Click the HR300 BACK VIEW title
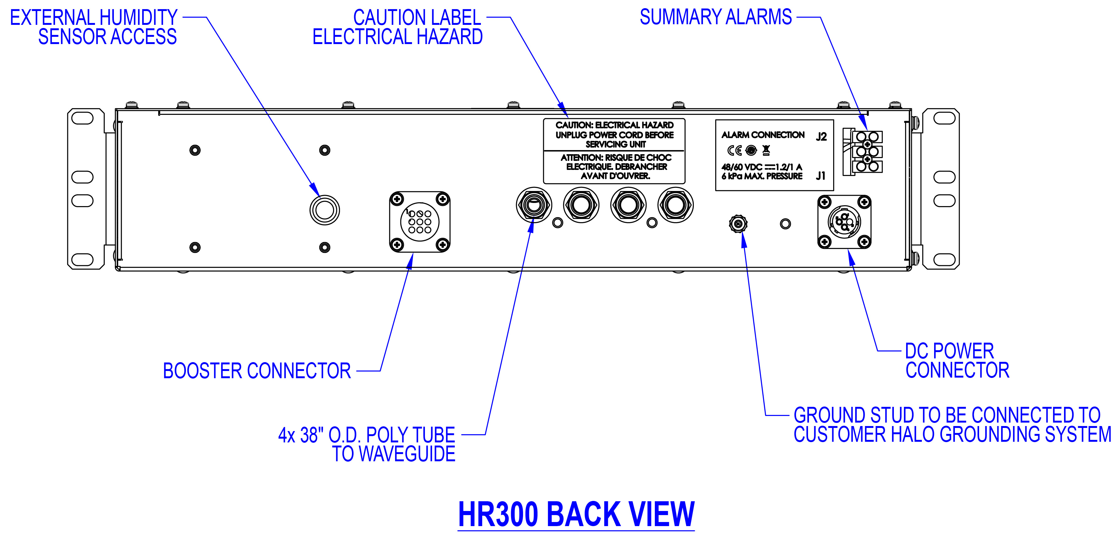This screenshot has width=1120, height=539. [576, 514]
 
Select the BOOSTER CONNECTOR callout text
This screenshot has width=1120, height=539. [257, 371]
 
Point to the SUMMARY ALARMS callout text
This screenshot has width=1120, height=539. [716, 17]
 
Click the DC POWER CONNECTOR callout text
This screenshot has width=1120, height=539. [956, 361]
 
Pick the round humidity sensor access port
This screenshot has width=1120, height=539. [324, 210]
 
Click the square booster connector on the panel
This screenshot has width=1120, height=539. [420, 222]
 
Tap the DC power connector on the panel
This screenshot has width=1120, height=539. [844, 222]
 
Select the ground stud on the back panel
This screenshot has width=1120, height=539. [738, 224]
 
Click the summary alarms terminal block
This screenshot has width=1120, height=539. [866, 152]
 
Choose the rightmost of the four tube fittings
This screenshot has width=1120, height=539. [675, 205]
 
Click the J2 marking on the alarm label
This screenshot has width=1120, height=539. [821, 137]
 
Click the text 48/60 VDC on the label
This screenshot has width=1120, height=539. [742, 167]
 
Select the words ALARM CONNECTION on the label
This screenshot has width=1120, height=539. [763, 135]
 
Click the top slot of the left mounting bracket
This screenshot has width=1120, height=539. [82, 118]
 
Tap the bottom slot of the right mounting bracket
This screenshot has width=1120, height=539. [944, 260]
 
